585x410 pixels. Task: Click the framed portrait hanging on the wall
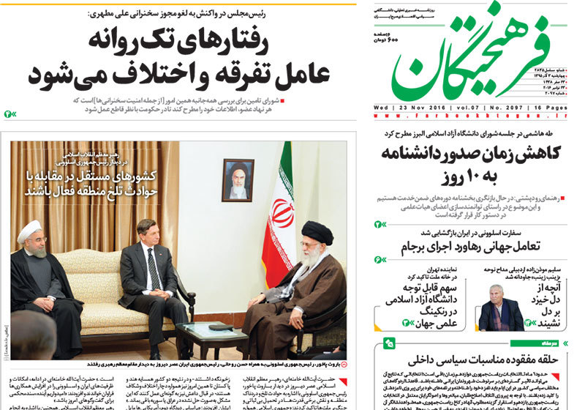click(x=238, y=179)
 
